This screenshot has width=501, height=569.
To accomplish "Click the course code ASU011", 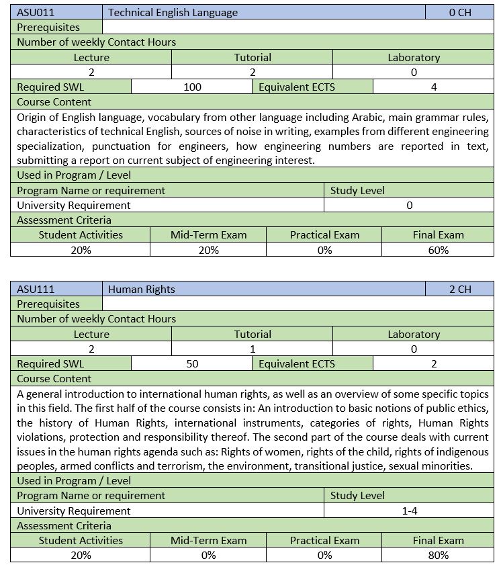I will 36,13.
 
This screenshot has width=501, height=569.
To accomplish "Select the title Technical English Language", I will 173,13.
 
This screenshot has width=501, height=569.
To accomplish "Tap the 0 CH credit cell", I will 460,13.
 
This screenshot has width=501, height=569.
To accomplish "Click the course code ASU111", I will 36,290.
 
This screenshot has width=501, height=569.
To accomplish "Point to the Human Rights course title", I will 141,290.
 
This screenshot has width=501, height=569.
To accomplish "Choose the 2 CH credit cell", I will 460,290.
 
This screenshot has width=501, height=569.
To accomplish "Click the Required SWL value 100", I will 192,87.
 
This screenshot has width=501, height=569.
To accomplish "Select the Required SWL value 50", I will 192,364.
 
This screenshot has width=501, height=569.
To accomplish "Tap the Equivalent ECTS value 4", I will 434,87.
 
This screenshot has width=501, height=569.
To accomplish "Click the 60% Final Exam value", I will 438,250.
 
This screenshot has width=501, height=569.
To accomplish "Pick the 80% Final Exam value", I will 438,556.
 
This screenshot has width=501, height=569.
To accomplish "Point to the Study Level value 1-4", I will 410,511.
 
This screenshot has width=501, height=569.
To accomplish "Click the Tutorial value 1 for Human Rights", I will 253,349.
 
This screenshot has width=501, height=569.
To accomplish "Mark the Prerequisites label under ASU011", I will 48,28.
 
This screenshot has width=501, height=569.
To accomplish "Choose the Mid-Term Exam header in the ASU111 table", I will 208,540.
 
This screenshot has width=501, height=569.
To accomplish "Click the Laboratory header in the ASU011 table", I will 414,57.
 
